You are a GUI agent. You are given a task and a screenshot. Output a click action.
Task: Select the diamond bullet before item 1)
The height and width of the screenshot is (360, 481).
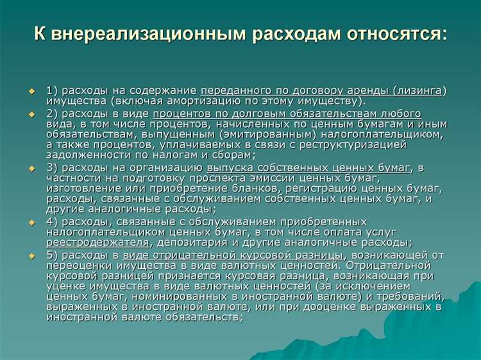click(x=32, y=91)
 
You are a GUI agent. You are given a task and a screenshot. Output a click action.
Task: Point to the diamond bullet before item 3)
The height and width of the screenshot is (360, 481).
click(x=32, y=168)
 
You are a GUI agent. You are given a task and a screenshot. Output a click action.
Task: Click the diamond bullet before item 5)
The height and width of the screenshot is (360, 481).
click(x=32, y=256)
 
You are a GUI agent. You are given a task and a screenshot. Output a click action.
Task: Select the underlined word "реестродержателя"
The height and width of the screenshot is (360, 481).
click(x=97, y=243)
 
